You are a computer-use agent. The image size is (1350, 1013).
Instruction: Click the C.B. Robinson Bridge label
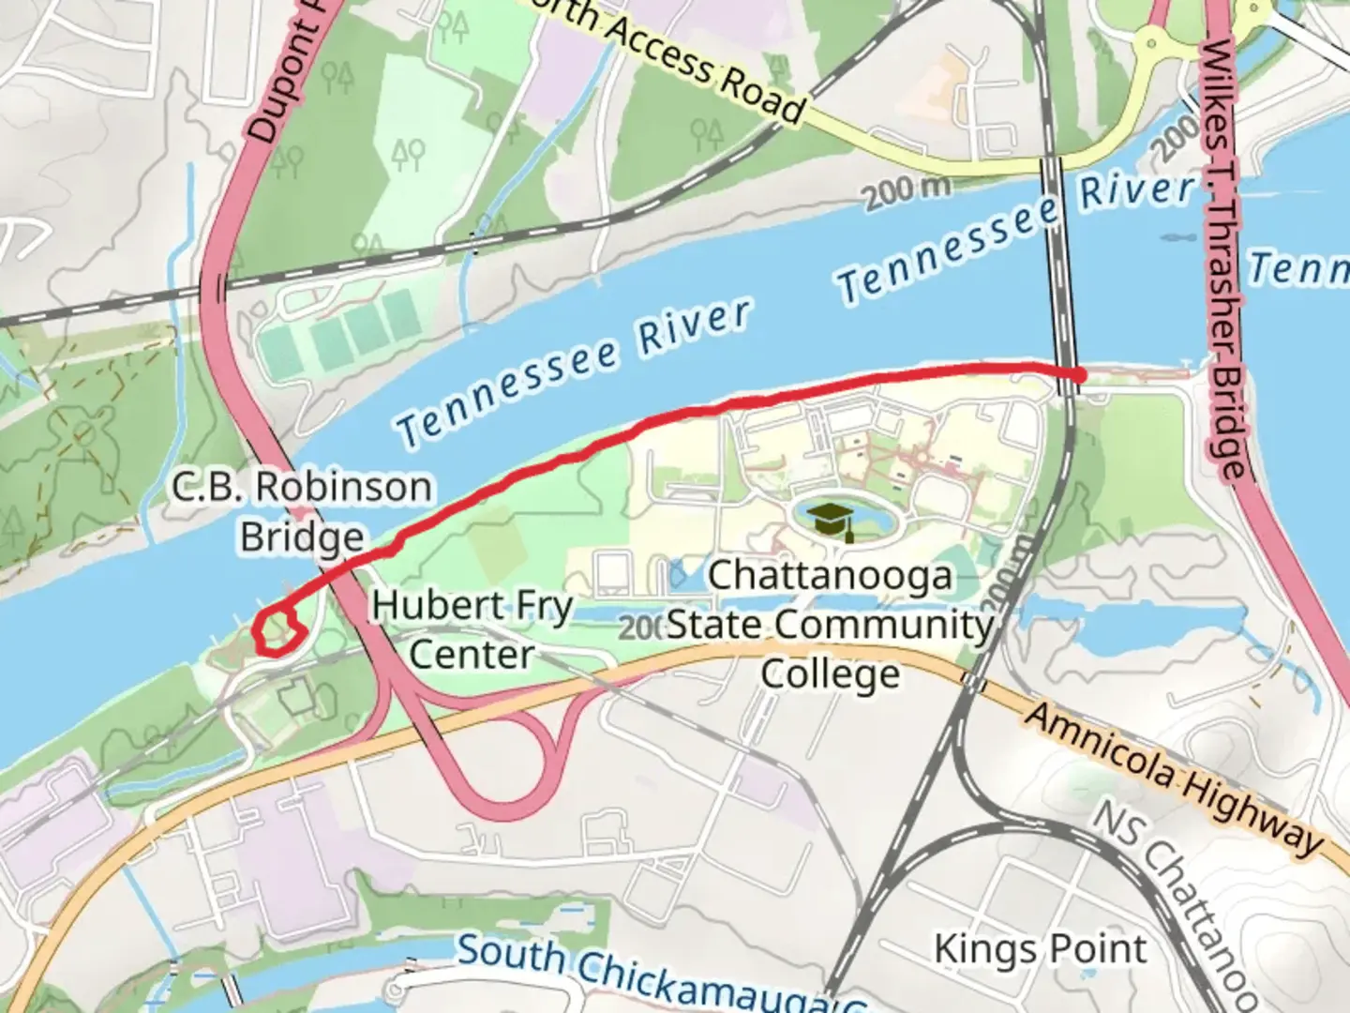tap(302, 512)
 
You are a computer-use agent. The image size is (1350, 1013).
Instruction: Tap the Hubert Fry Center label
tap(472, 629)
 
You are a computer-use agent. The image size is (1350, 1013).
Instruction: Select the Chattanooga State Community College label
tap(830, 625)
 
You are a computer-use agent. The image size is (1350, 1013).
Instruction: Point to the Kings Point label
tap(1040, 949)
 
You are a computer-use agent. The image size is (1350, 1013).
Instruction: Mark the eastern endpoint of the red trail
tap(1079, 375)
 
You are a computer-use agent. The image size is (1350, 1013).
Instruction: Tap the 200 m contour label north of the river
tap(906, 192)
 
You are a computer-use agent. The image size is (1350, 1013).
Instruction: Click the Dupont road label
tap(286, 80)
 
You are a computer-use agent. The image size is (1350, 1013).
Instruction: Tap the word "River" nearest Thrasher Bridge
tap(1137, 190)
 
